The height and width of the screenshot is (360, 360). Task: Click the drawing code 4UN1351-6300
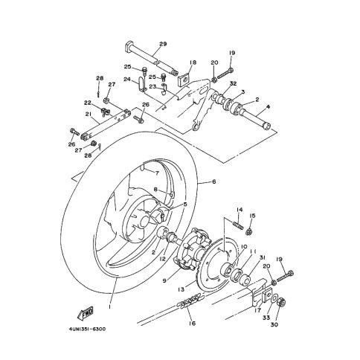click(x=87, y=329)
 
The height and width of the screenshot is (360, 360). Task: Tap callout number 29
click(x=163, y=44)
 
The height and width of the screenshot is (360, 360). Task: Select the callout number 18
click(x=193, y=62)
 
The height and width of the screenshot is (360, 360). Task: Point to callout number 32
click(x=233, y=83)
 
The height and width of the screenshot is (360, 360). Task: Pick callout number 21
click(x=89, y=114)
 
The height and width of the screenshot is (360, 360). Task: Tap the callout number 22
click(x=88, y=103)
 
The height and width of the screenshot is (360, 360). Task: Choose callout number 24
click(x=127, y=80)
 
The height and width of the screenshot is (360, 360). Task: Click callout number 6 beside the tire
click(x=213, y=181)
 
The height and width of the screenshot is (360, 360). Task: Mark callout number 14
click(x=240, y=210)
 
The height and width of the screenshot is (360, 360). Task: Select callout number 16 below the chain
click(x=192, y=323)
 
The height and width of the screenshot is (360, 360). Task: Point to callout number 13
click(x=181, y=289)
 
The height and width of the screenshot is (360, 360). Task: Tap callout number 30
click(x=274, y=324)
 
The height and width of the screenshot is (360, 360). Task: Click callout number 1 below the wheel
click(x=109, y=306)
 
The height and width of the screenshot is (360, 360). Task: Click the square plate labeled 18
click(x=184, y=78)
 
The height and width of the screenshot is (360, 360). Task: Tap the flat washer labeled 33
click(x=274, y=299)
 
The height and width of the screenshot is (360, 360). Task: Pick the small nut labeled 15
click(x=249, y=232)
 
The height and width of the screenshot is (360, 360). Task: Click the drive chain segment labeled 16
click(x=191, y=299)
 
